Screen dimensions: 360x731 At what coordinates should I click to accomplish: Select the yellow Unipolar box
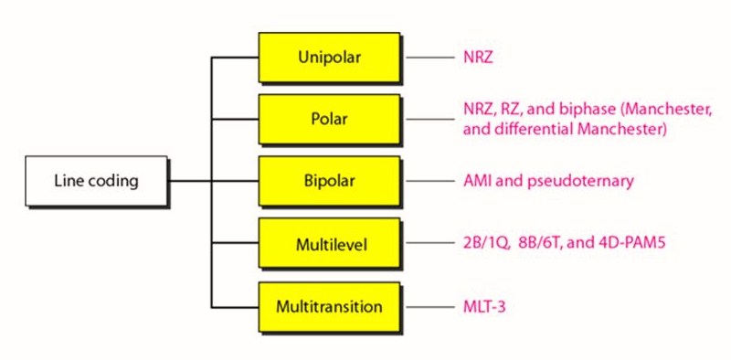pyautogui.click(x=330, y=58)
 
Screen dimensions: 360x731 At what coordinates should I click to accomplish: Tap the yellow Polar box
pyautogui.click(x=330, y=120)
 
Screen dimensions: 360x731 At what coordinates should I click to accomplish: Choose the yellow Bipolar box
pyautogui.click(x=330, y=180)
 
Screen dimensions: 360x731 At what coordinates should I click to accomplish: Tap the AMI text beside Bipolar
pyautogui.click(x=477, y=181)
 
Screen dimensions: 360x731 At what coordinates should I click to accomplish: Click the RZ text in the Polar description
pyautogui.click(x=513, y=111)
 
